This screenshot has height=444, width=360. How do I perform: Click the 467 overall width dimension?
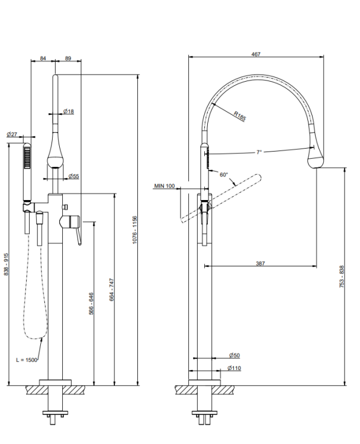tap(256, 54)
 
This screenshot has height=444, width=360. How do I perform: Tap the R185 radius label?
tap(240, 115)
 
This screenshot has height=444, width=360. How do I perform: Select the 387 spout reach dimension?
tap(261, 263)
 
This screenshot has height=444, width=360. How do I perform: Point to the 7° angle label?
tap(259, 152)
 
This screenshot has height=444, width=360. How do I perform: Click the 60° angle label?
tap(224, 175)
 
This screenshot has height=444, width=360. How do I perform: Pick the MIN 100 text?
tap(164, 186)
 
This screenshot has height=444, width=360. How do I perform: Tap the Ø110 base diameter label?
tap(234, 368)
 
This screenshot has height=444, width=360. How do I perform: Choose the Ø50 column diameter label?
tap(234, 355)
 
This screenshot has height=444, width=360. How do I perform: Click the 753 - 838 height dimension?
tap(342, 276)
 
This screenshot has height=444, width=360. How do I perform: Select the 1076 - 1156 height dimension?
tap(134, 230)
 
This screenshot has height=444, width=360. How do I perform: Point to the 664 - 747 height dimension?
tap(111, 289)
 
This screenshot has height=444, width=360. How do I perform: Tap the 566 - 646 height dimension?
tap(91, 304)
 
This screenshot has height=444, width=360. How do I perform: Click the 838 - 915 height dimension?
tap(7, 264)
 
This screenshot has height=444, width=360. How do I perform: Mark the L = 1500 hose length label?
tap(27, 359)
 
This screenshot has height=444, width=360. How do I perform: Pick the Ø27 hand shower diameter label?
tap(12, 134)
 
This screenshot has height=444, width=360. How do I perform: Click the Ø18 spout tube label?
tap(69, 111)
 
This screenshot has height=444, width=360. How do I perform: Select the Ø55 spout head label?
tap(73, 176)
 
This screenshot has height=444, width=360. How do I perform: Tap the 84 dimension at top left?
tap(43, 59)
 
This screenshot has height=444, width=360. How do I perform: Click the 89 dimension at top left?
tap(68, 59)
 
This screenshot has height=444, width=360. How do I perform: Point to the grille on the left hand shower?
tap(27, 158)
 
